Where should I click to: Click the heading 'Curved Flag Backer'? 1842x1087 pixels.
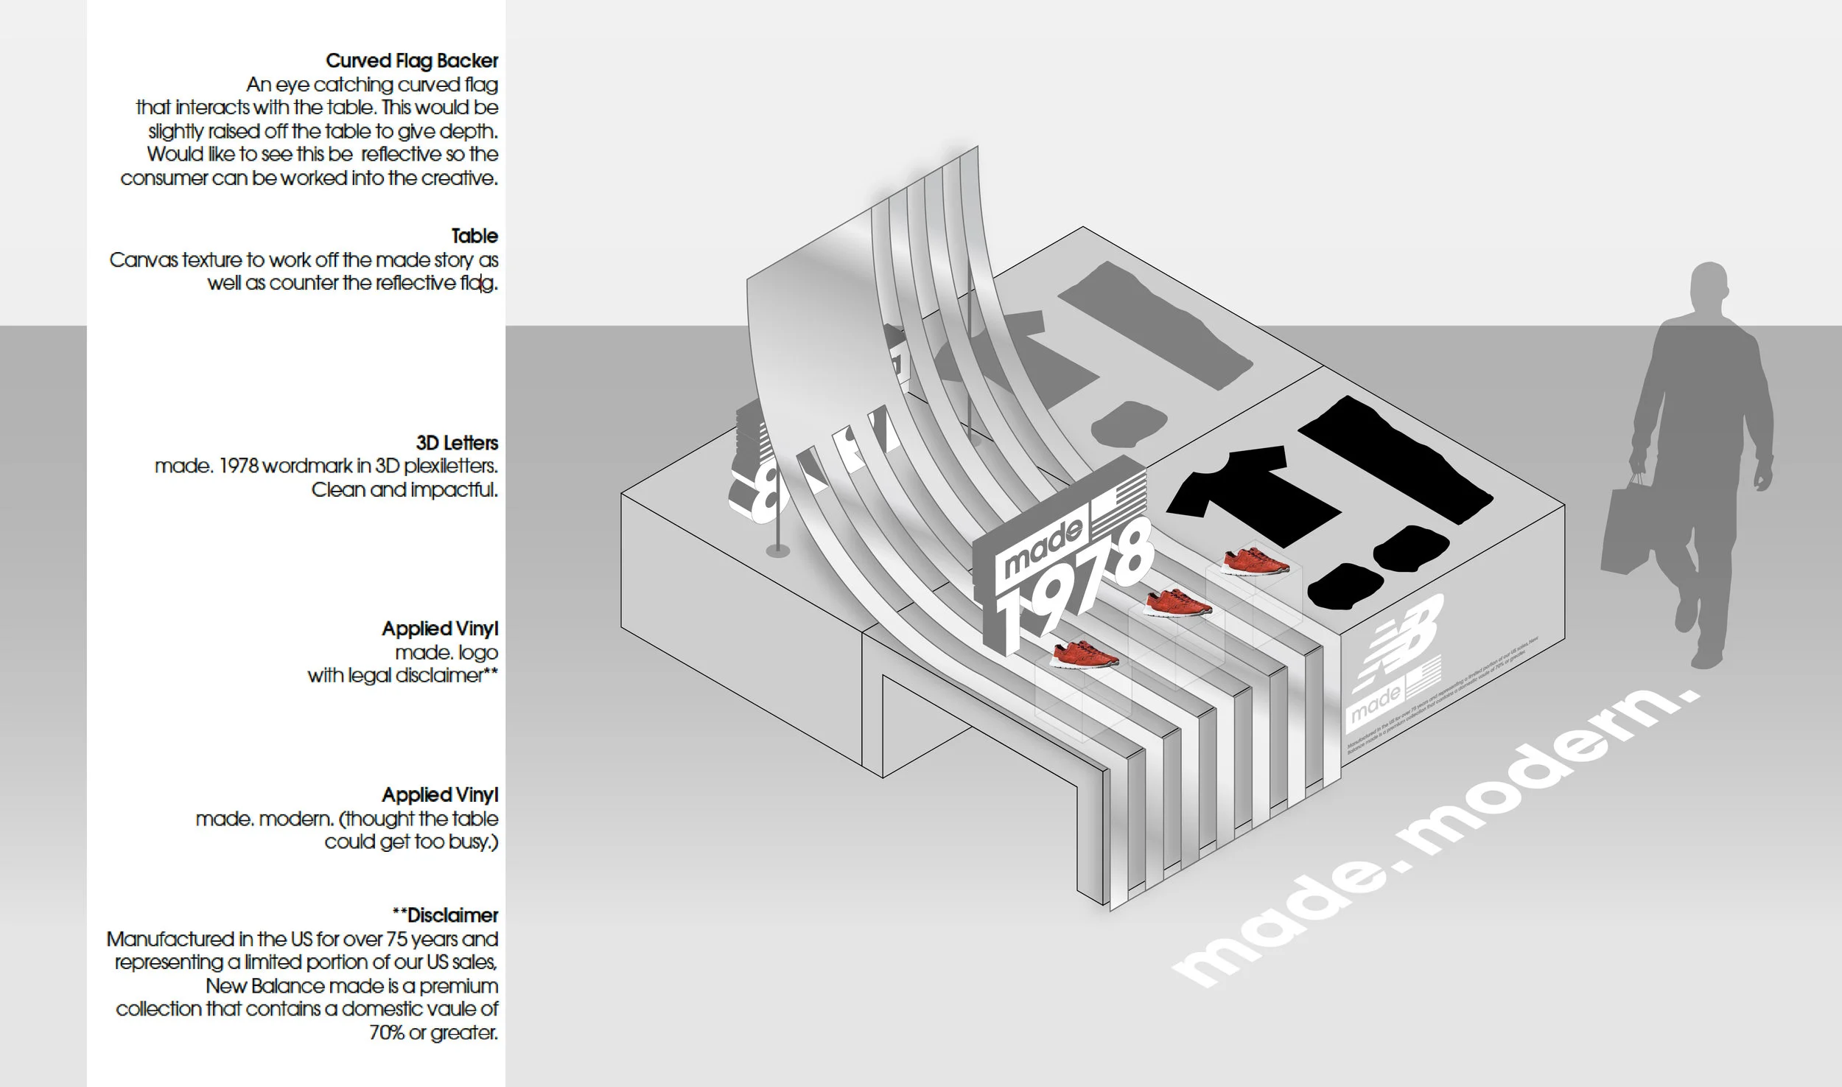point(411,60)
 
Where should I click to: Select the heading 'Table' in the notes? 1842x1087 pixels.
point(474,236)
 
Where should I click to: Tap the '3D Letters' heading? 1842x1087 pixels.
point(457,443)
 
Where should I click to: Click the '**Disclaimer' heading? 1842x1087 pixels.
point(445,915)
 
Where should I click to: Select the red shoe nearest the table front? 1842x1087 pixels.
point(1083,654)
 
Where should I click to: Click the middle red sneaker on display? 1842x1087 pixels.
point(1177,604)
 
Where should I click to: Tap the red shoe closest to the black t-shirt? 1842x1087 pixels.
point(1255,562)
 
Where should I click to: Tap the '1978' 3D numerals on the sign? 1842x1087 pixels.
point(1068,590)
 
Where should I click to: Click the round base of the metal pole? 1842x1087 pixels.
point(777,550)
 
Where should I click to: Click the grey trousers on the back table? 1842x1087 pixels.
point(1157,324)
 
